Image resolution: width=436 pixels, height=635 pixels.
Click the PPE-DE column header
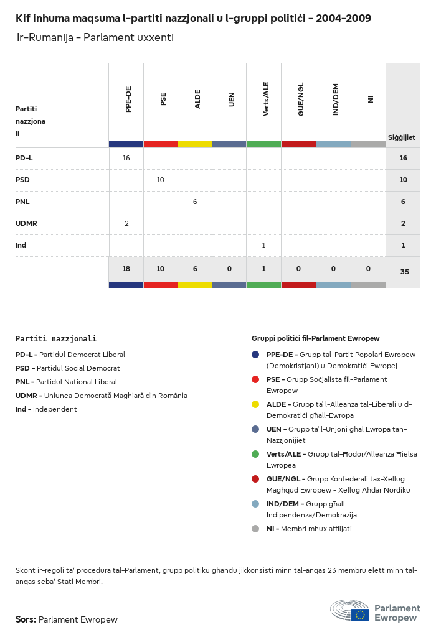[128, 100]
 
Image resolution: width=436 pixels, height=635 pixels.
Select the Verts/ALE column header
[266, 99]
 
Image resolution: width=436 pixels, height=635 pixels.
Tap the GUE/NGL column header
[301, 100]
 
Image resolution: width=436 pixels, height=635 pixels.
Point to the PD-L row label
[24, 158]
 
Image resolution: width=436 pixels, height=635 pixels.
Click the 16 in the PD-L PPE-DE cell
[126, 158]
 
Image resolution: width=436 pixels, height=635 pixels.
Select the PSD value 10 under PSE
[160, 180]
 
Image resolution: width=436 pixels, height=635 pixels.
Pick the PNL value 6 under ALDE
[195, 202]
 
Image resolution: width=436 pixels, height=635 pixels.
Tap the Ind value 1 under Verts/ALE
[263, 245]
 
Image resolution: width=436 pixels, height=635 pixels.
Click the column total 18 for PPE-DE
[126, 269]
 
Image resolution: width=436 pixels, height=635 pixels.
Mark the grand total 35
[404, 272]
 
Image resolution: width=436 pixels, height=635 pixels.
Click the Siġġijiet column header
[402, 137]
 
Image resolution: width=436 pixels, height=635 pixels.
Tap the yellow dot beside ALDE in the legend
[255, 404]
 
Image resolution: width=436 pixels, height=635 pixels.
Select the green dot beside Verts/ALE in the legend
[255, 454]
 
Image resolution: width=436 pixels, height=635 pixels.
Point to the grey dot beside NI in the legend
[255, 529]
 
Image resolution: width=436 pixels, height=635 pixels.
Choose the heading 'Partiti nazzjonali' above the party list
[56, 339]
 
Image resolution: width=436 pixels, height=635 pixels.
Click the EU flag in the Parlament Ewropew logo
[360, 614]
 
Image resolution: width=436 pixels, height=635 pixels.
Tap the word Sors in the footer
[26, 619]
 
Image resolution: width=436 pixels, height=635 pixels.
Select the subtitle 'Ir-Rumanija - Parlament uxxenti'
[95, 37]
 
